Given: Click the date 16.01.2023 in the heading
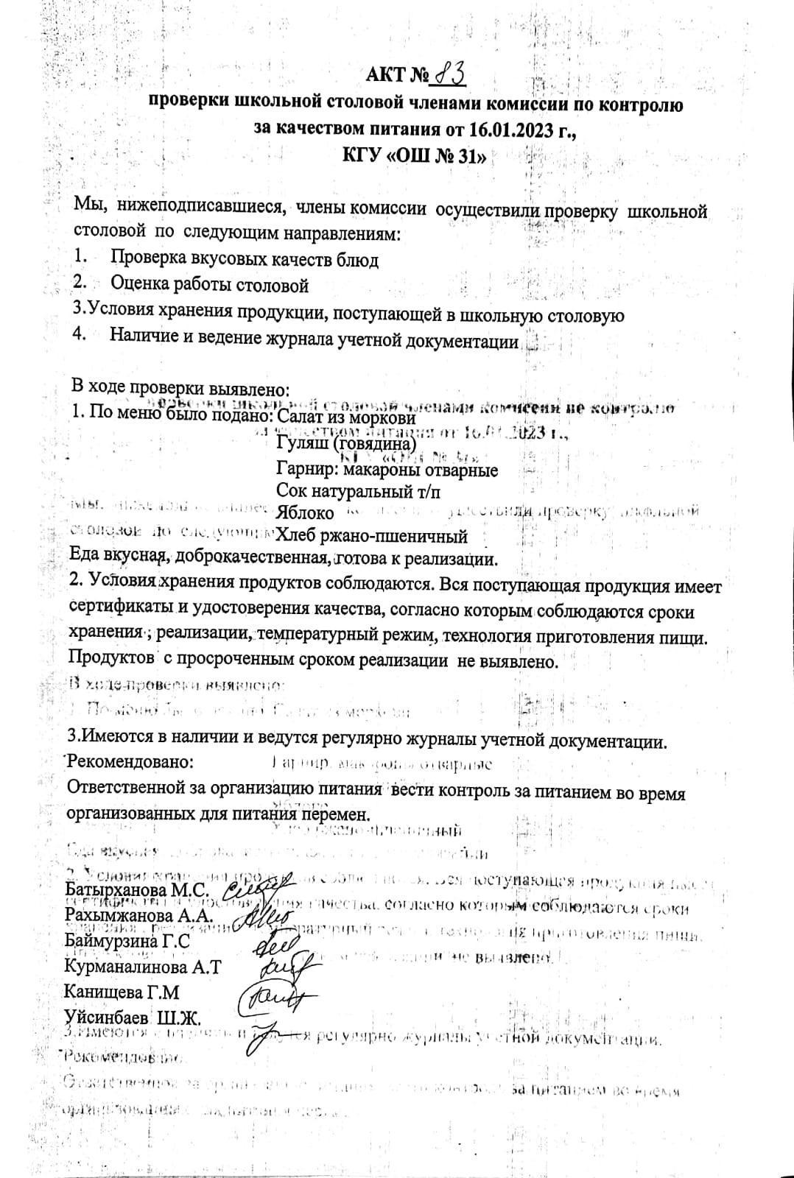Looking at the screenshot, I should click(x=509, y=130).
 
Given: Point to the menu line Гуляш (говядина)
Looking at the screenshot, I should click(x=346, y=444).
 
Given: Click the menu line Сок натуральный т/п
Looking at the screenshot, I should click(x=359, y=490).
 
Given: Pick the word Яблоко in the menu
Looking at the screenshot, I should click(x=305, y=512).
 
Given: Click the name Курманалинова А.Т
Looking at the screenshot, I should click(x=143, y=966).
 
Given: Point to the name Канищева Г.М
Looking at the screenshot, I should click(x=122, y=992).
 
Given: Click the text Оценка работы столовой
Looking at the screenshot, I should click(x=209, y=284).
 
